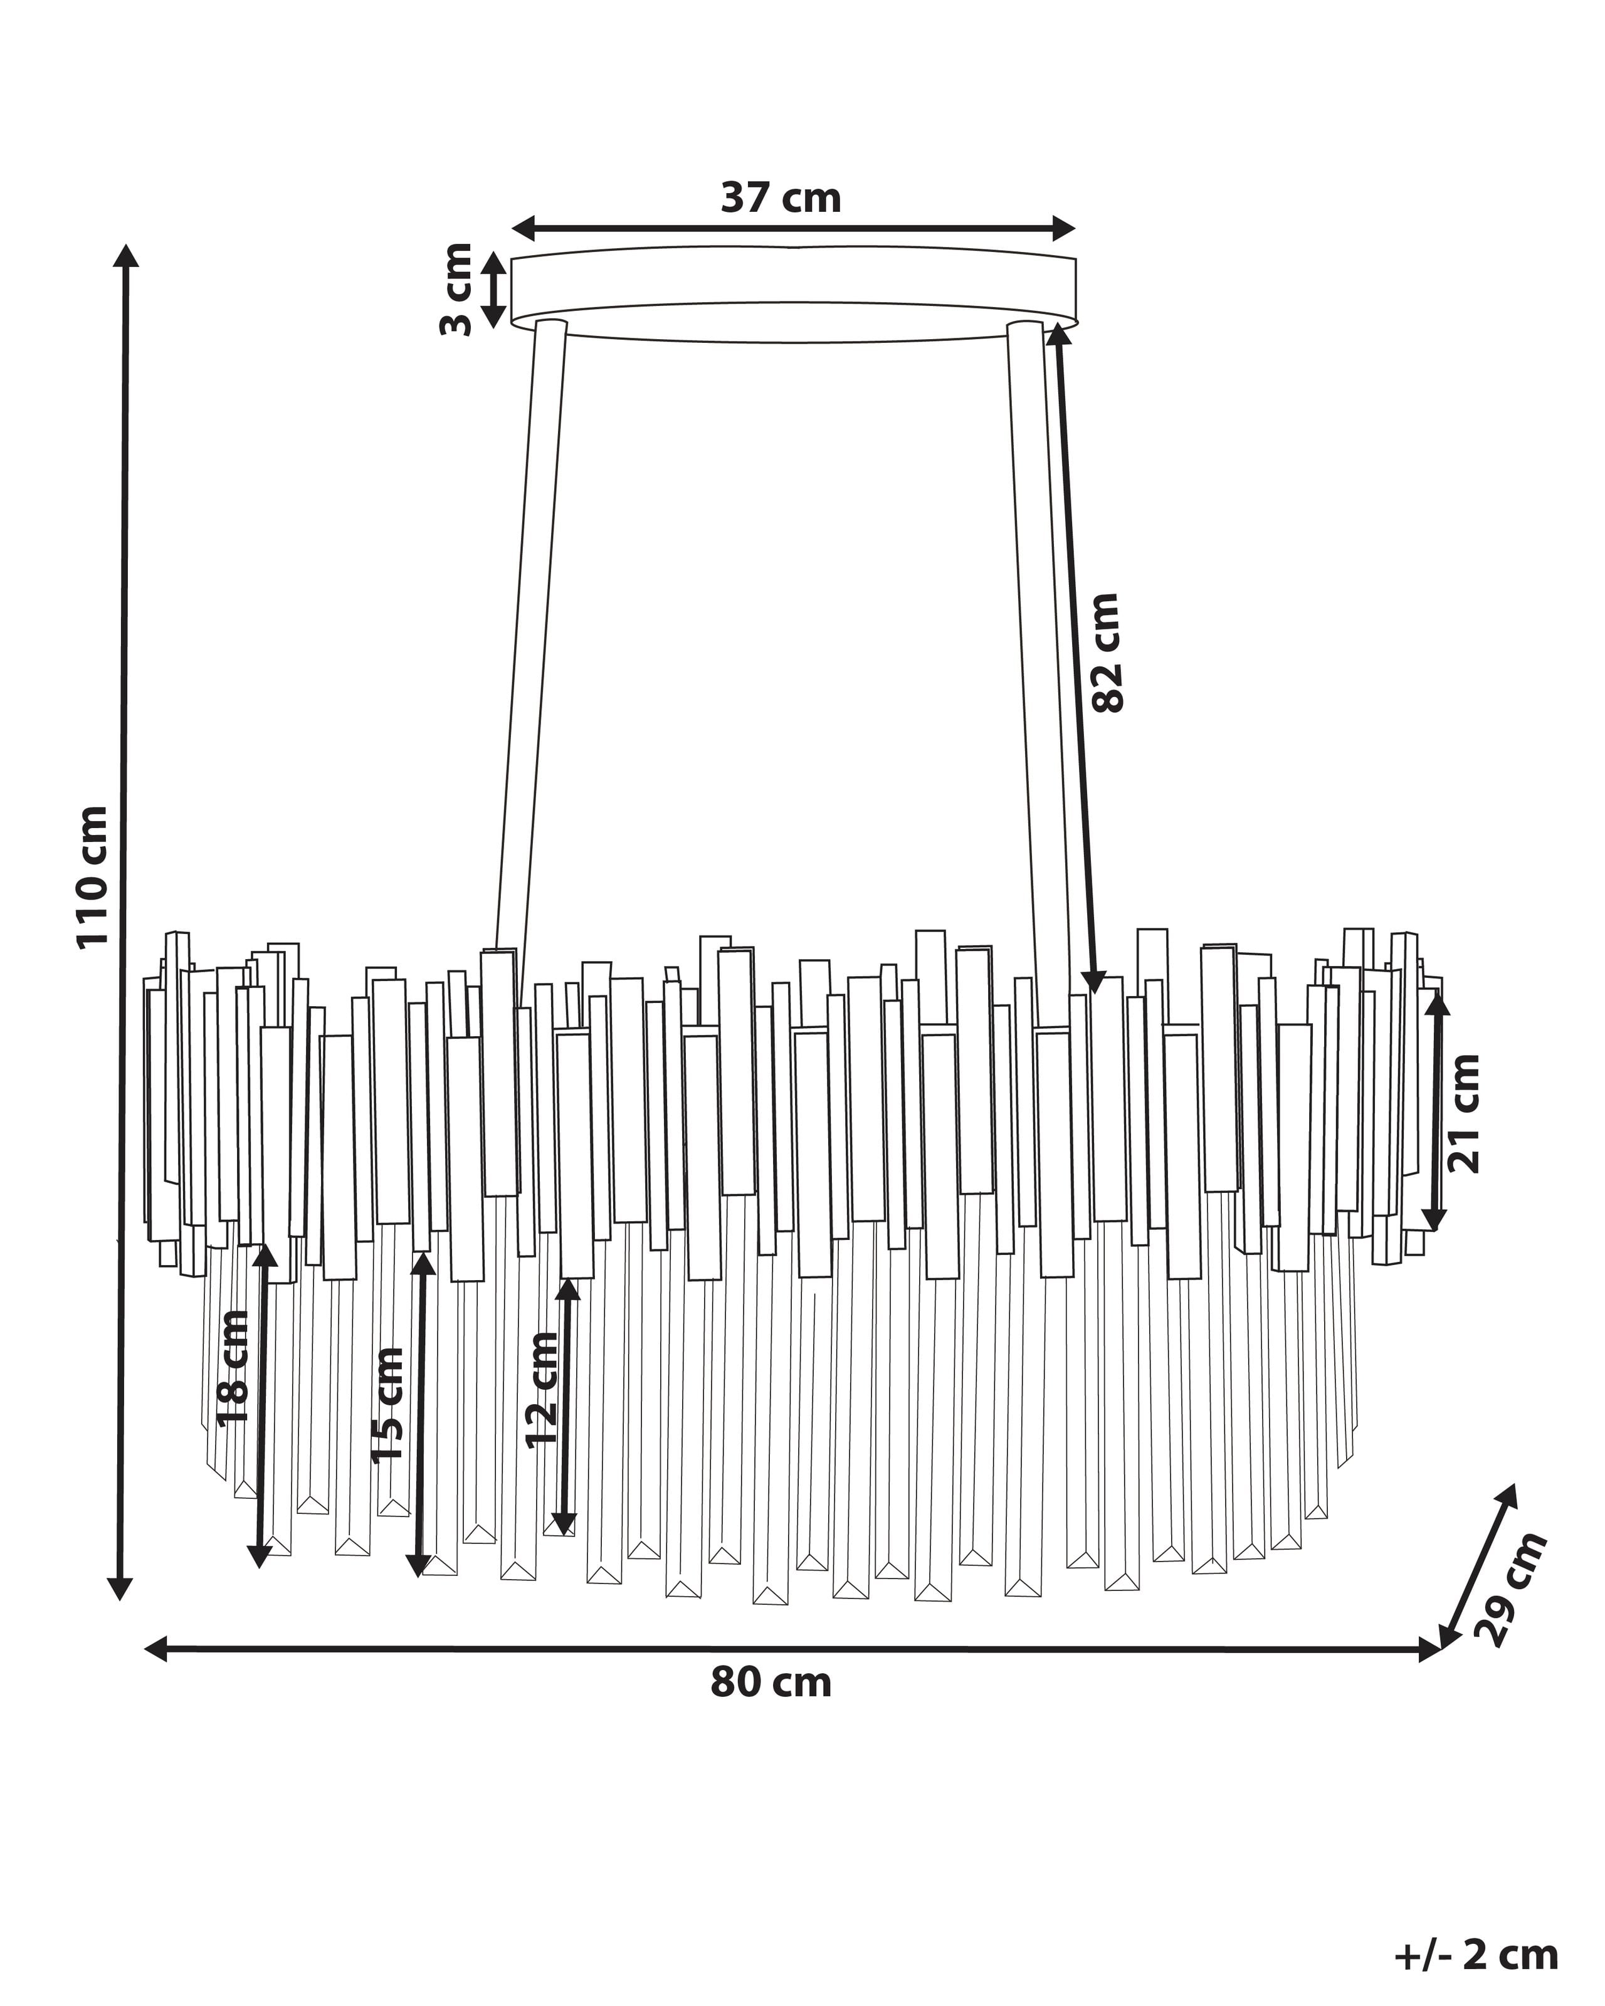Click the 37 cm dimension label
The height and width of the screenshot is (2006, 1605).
coord(781,198)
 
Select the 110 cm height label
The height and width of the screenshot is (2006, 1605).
coord(93,878)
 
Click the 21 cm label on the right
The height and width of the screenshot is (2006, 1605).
coord(1463,1113)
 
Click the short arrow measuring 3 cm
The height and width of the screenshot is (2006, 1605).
coord(494,290)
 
